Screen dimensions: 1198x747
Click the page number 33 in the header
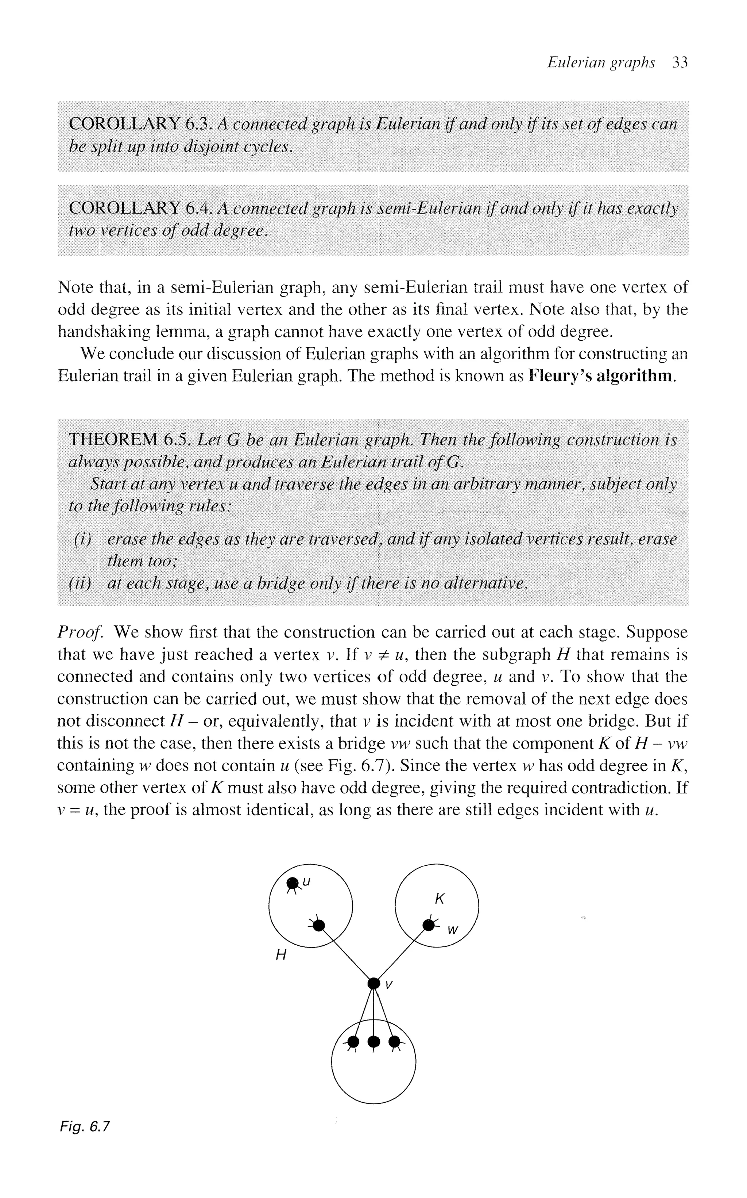(680, 63)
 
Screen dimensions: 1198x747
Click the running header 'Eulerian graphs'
(601, 63)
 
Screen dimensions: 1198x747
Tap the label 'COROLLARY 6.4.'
(141, 208)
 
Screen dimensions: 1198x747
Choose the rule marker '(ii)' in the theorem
(81, 583)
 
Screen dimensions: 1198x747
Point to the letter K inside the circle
(439, 899)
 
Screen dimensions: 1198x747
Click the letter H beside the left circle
(280, 955)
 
